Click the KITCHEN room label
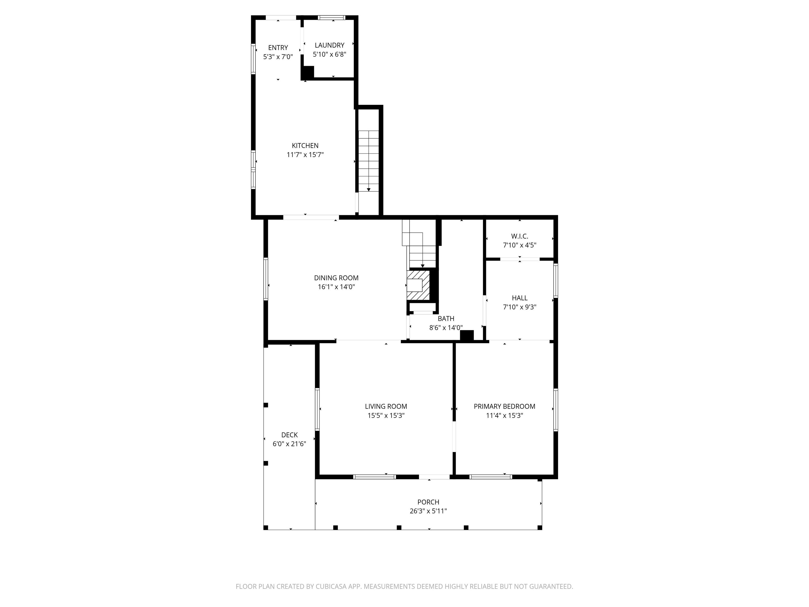(x=305, y=146)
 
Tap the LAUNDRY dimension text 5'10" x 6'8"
(x=329, y=55)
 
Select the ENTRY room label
(x=278, y=48)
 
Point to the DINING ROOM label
(x=336, y=278)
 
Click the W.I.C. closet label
(x=519, y=236)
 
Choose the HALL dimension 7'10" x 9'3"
(x=519, y=307)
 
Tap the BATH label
(x=446, y=319)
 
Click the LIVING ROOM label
(x=386, y=406)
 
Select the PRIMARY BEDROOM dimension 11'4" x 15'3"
(x=504, y=415)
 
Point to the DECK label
(x=289, y=435)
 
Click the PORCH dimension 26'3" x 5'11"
(x=428, y=511)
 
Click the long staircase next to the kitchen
(x=369, y=161)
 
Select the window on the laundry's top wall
(x=331, y=17)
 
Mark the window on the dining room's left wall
(x=266, y=279)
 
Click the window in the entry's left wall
(x=253, y=58)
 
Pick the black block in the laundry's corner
(x=308, y=72)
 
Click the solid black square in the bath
(x=467, y=336)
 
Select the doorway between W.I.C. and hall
(x=520, y=259)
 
